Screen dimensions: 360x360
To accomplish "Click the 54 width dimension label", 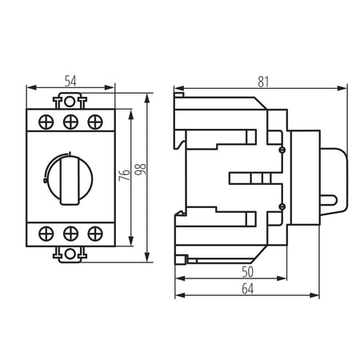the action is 70,82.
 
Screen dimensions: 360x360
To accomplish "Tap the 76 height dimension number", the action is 125,175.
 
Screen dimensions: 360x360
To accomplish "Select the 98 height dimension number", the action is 140,170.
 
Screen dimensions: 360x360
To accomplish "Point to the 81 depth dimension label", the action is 263,82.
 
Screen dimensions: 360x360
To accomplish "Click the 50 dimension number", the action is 247,272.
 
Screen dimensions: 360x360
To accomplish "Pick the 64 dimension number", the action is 247,289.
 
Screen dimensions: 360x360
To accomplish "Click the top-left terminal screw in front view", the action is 46,122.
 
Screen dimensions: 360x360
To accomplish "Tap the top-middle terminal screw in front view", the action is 70,122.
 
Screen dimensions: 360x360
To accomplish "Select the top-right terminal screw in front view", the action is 95,122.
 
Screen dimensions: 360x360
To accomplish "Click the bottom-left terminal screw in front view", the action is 46,234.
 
